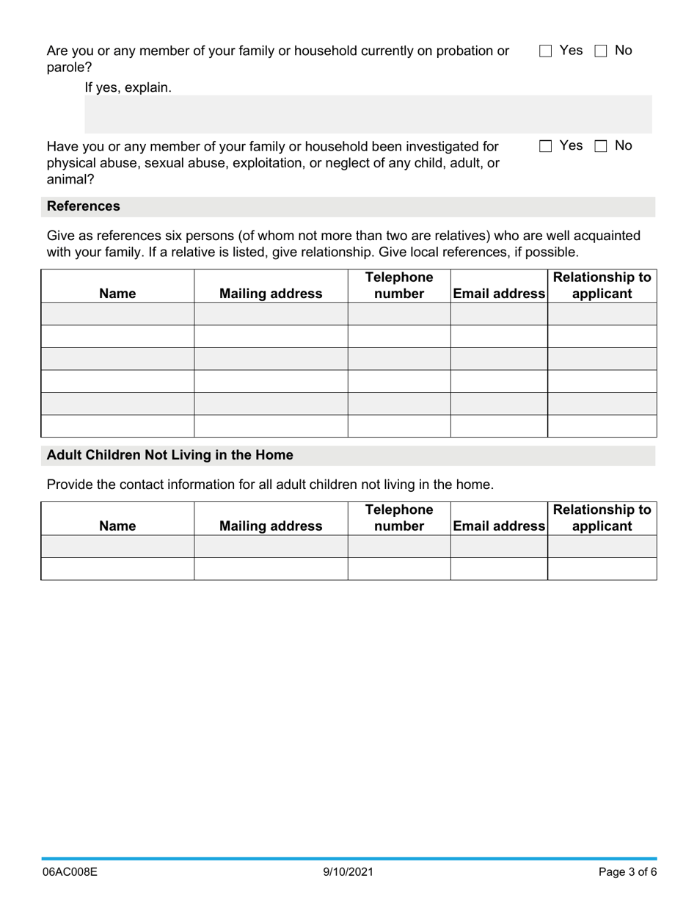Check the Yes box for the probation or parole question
[x=545, y=51]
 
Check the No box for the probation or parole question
[x=601, y=51]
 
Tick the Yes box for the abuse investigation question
[x=545, y=146]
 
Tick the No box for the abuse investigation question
[x=601, y=146]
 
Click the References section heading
[x=84, y=207]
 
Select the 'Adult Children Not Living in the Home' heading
[x=169, y=455]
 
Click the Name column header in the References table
[x=117, y=294]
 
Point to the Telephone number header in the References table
[x=399, y=286]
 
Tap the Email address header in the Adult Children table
[x=499, y=526]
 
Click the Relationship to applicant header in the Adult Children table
[x=602, y=518]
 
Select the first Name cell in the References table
[x=117, y=314]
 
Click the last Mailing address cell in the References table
[x=271, y=426]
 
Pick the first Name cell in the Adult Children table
[x=117, y=546]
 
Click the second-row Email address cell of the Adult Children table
[x=499, y=569]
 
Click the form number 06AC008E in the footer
[x=70, y=872]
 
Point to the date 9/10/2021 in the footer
[x=348, y=872]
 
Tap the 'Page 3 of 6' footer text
[x=627, y=872]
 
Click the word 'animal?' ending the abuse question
[x=70, y=179]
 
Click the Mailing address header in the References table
[x=271, y=294]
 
